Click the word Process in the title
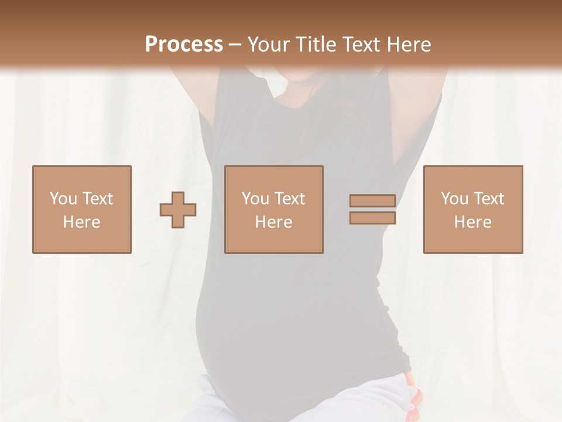coord(184,45)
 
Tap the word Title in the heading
coord(316,45)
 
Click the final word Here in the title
coord(409,45)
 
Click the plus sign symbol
coord(178,210)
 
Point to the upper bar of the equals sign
coord(372,201)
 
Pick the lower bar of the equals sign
coord(372,218)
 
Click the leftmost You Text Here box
coord(82,209)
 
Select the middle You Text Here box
coord(274,209)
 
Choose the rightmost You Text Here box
coord(473,209)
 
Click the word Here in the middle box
coord(274,222)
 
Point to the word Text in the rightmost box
coord(489,199)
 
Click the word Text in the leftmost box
coord(98,199)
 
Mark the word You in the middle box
coord(256,199)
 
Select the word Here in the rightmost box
coord(473,222)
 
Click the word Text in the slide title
coord(362,45)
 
